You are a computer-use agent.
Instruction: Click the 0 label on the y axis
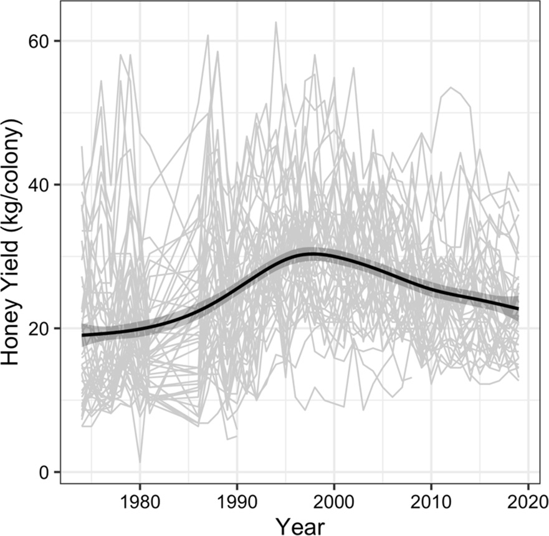point(44,472)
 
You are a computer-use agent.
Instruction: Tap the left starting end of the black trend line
point(82,335)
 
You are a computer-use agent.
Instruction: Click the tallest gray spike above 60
point(275,22)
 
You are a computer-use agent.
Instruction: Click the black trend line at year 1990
point(237,291)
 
